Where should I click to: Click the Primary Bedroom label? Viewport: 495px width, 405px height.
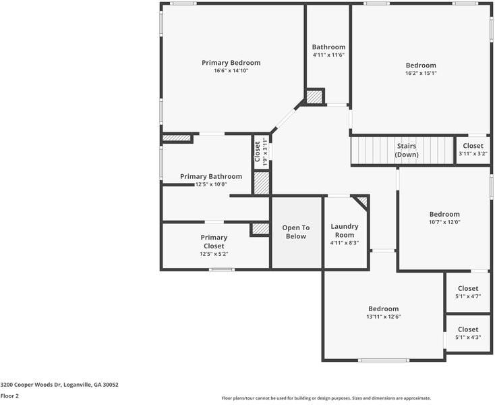231,63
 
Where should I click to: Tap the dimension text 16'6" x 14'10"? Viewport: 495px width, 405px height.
231,71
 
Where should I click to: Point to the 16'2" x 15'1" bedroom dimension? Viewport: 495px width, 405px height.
421,73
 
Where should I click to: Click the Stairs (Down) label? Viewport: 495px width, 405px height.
406,150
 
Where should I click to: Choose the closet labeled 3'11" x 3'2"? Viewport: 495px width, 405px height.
473,149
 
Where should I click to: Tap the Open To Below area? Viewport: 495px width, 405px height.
296,232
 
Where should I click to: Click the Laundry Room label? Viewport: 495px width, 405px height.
345,231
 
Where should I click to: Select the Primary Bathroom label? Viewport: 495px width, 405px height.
211,176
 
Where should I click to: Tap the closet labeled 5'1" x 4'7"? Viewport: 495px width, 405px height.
467,292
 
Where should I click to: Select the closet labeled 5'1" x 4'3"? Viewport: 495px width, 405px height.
467,333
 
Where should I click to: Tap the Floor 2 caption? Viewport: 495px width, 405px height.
9,396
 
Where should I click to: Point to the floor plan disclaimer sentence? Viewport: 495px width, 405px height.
326,398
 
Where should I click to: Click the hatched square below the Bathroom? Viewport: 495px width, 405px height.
314,97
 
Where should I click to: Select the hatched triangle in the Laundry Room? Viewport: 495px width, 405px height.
361,201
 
